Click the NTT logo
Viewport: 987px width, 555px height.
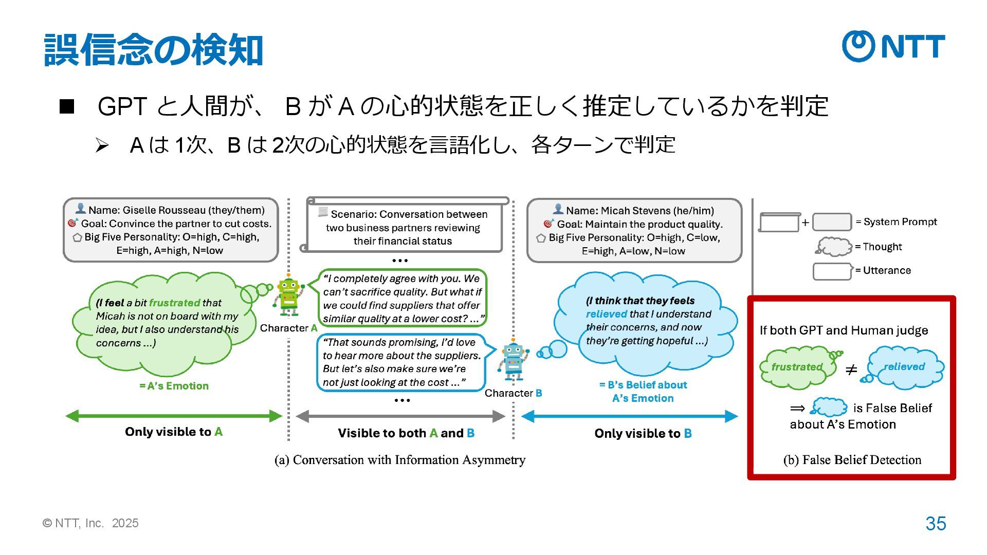tap(893, 46)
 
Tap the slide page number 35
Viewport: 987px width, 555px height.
tap(936, 524)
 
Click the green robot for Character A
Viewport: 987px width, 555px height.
tap(288, 297)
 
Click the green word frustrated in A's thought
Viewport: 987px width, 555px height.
tap(174, 303)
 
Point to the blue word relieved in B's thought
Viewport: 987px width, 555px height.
tap(606, 314)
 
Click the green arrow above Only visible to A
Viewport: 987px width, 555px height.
tap(174, 416)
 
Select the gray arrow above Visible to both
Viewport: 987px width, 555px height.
tap(401, 416)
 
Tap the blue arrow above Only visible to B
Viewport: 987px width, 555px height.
tap(629, 416)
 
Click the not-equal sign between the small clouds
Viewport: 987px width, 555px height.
tap(851, 369)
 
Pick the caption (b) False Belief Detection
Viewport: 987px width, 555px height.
tap(852, 460)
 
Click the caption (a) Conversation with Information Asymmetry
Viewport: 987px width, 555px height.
tap(400, 460)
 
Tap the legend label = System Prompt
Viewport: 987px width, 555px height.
tap(896, 222)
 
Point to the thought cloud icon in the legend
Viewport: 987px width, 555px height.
tap(834, 247)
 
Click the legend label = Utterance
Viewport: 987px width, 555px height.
tap(883, 271)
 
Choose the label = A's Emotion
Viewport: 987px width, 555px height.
tap(174, 386)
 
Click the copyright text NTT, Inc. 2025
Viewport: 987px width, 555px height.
tap(91, 523)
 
